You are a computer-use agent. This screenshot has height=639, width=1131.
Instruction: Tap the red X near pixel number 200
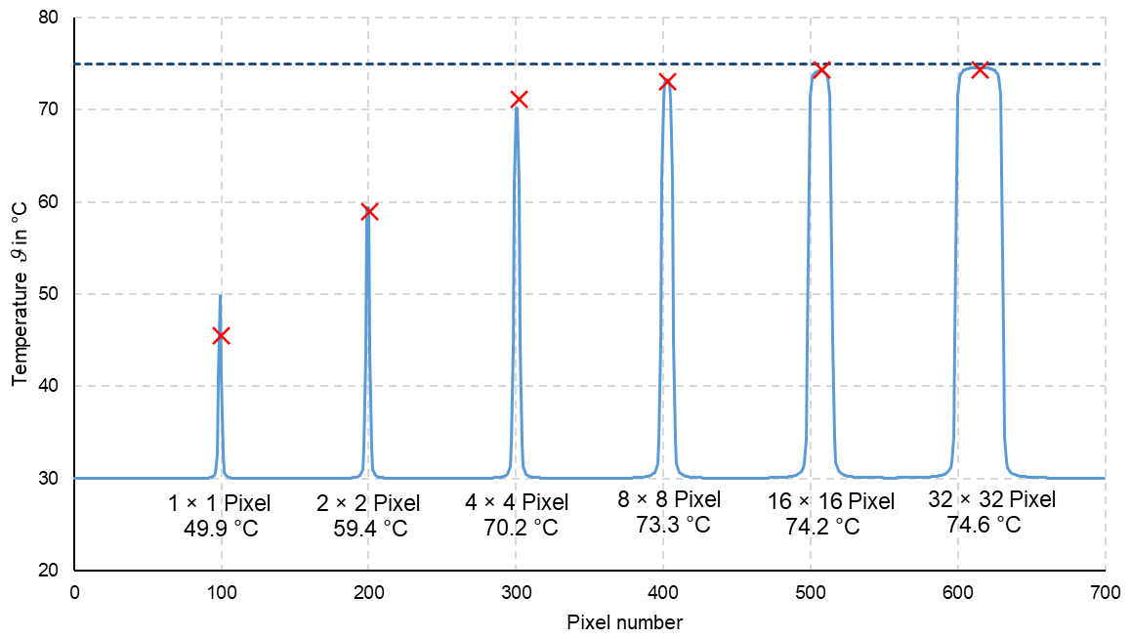tap(369, 212)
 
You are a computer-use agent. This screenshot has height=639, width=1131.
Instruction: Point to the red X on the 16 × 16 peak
tap(821, 69)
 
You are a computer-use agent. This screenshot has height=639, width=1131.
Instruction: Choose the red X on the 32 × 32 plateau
tap(980, 69)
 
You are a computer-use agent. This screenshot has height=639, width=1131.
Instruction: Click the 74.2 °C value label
tap(822, 527)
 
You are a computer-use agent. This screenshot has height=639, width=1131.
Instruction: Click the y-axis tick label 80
tap(49, 19)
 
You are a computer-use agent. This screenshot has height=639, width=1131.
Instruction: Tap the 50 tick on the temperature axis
tap(49, 294)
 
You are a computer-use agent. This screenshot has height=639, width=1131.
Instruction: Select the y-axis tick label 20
tap(49, 570)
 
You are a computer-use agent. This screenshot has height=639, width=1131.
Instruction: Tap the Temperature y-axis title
tap(21, 294)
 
